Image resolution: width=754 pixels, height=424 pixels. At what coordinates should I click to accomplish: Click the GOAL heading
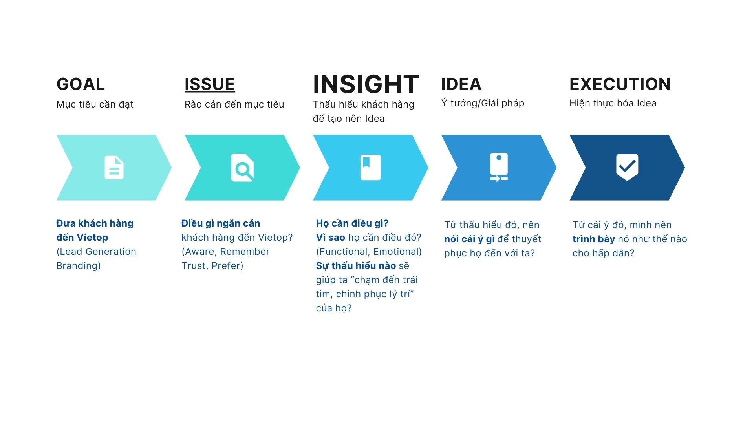(81, 84)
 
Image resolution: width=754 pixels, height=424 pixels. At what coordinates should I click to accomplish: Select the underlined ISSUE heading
(210, 84)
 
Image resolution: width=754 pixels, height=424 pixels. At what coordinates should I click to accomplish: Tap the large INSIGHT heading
(366, 84)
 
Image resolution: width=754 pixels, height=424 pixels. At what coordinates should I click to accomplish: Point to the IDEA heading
(461, 84)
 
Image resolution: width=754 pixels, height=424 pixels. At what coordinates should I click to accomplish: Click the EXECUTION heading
(620, 84)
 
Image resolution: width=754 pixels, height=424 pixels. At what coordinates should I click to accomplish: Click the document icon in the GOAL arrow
(114, 168)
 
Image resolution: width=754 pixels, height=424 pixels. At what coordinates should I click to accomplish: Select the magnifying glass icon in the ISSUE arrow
(242, 168)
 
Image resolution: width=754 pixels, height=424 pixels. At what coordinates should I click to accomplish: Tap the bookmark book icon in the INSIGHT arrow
(371, 168)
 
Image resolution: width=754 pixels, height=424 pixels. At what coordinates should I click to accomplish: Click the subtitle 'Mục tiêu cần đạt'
(95, 104)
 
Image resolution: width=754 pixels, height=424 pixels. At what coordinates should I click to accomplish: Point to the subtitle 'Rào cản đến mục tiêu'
(234, 104)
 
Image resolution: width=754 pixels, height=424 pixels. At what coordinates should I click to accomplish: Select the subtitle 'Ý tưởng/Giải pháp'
(483, 103)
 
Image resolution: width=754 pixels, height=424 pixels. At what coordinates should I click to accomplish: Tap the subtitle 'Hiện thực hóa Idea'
(613, 103)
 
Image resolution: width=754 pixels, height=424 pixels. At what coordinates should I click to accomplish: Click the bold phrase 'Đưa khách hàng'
(95, 223)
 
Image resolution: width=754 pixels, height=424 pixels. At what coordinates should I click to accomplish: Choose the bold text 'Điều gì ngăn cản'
(221, 223)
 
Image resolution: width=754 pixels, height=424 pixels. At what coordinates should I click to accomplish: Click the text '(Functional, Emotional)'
(369, 252)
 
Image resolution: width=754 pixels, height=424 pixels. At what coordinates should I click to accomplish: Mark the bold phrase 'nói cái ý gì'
(469, 239)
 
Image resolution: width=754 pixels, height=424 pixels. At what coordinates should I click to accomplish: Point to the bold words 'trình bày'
(594, 239)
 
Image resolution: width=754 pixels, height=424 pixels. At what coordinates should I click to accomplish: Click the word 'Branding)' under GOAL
(79, 266)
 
